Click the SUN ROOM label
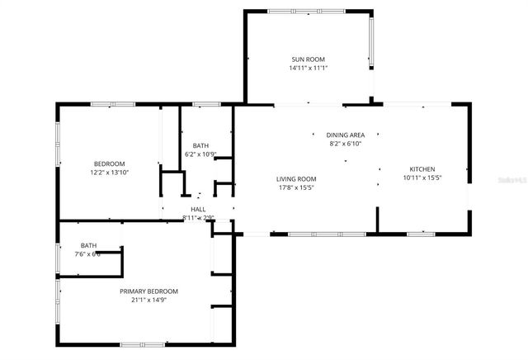309,59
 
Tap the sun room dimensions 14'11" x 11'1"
309,68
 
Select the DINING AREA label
345,135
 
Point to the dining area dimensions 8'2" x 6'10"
345,143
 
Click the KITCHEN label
422,168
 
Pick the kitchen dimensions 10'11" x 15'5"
422,178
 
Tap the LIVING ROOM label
296,178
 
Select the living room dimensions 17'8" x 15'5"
296,187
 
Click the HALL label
198,210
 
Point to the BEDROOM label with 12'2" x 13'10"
109,163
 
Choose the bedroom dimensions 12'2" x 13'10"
109,173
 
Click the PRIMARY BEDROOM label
148,291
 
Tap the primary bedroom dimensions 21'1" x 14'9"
148,301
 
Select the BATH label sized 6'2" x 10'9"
200,145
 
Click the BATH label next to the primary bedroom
88,245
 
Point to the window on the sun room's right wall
371,43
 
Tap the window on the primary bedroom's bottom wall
142,344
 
